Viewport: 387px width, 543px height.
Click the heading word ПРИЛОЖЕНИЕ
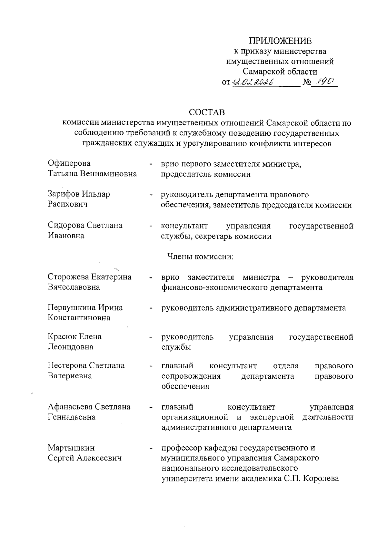point(280,41)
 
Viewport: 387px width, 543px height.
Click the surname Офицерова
point(69,164)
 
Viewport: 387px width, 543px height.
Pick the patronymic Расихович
point(68,205)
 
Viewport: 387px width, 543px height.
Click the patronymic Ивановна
point(66,236)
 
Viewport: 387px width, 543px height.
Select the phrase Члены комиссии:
point(200,257)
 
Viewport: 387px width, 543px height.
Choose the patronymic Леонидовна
point(70,347)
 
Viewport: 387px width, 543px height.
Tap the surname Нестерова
point(67,365)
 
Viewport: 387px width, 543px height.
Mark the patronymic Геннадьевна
point(72,417)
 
